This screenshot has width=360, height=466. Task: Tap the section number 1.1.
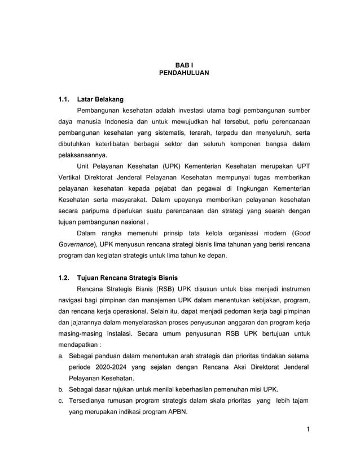(x=64, y=100)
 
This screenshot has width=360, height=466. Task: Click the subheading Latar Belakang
(x=100, y=100)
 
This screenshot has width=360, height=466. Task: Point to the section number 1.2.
(x=64, y=278)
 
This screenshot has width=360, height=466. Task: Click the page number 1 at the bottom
(x=309, y=431)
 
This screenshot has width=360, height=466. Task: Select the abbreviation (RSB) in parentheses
(x=163, y=289)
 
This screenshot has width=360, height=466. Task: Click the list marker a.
(x=61, y=357)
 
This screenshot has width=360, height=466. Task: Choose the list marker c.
(x=61, y=401)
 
